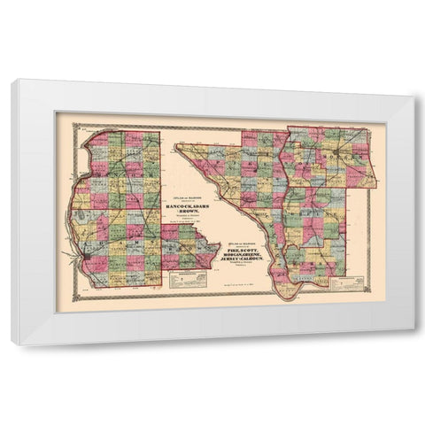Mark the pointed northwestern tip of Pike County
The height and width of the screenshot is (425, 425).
point(177,144)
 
